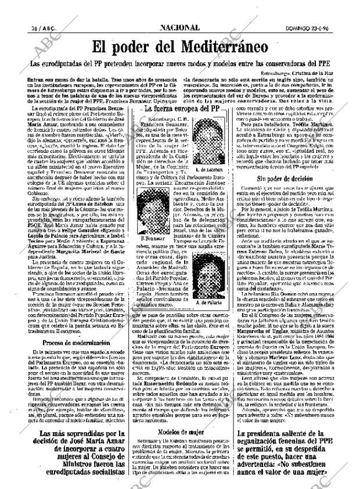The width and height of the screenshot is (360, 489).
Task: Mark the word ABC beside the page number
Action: tap(33, 28)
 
